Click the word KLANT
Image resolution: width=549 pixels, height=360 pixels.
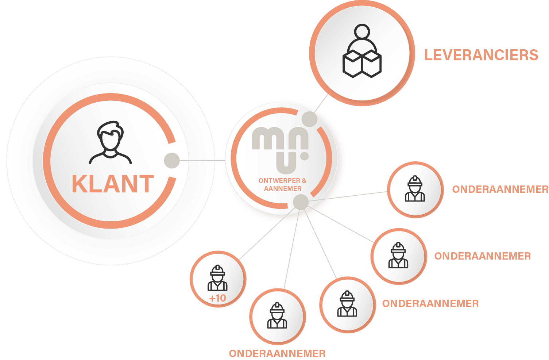coord(112,184)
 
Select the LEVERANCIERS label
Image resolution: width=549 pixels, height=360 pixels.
coord(481,55)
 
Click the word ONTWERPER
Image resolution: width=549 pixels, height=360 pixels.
coord(279,181)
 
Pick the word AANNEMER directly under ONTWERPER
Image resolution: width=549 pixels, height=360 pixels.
coord(283,189)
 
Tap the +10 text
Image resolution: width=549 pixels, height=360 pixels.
coord(218,298)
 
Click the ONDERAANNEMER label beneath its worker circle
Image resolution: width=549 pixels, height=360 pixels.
coord(277,353)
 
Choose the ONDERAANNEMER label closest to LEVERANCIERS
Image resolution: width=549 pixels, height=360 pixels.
coord(500,189)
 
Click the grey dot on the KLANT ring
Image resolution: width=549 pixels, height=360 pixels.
coord(172,161)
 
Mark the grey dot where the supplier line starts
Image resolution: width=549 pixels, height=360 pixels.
coord(310,119)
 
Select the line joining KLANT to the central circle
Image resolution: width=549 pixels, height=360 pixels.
coord(202,161)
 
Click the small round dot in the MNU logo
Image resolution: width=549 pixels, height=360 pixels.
coord(304,156)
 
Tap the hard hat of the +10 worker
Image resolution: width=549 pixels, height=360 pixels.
coord(217,270)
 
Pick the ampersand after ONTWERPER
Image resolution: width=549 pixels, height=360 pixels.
coord(304,181)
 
